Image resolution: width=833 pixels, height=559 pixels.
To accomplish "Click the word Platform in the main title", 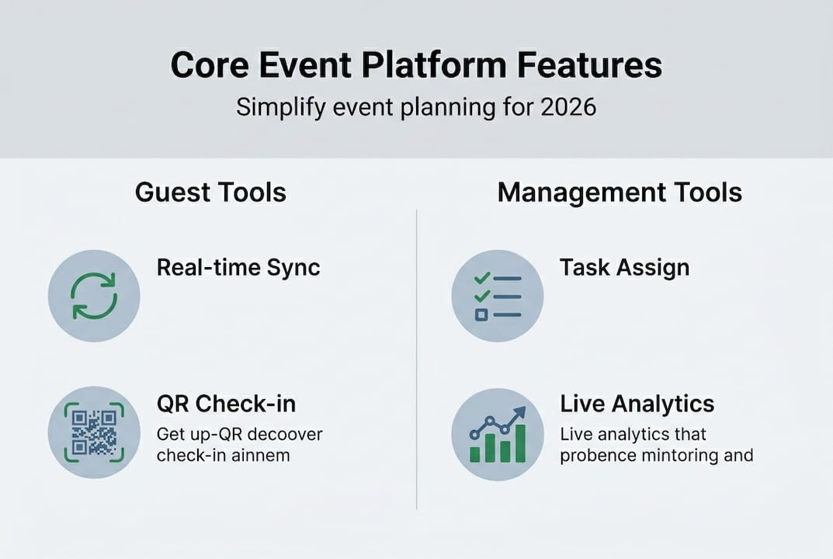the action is [434, 65].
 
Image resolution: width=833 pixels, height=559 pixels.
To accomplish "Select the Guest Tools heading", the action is [210, 193].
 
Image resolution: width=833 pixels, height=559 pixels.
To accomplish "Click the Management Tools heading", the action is [620, 193].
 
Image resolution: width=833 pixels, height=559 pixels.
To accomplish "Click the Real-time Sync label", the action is [238, 267].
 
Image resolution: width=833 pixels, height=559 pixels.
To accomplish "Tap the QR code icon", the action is [94, 432].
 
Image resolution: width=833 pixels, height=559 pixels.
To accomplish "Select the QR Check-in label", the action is [227, 404].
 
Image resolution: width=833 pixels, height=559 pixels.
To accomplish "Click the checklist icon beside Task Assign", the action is [498, 297].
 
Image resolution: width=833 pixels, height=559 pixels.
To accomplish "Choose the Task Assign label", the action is [625, 267].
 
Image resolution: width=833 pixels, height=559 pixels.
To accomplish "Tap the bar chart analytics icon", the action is [498, 435].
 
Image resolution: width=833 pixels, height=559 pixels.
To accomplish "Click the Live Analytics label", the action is [637, 404].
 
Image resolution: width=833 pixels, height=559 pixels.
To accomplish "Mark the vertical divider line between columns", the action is [416, 359].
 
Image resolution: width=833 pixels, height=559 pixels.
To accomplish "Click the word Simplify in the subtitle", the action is [281, 108].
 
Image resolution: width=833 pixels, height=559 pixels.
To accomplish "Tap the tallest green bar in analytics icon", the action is [520, 443].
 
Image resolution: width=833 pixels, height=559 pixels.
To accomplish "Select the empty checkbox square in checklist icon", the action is [481, 315].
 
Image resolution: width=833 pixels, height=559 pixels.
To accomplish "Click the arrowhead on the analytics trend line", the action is [520, 412].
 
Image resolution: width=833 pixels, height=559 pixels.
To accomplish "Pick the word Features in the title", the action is [590, 65].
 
